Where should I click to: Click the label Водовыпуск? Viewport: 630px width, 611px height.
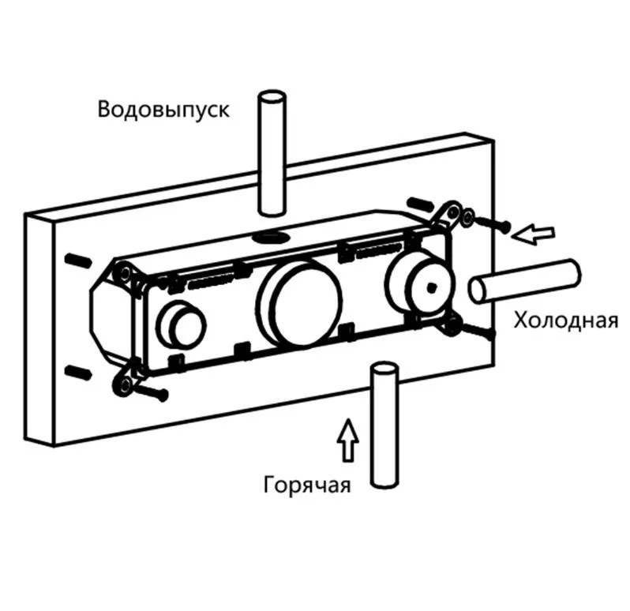(x=163, y=110)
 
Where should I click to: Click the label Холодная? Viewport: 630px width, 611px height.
(x=566, y=321)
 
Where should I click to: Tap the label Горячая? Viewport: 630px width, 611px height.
(x=307, y=485)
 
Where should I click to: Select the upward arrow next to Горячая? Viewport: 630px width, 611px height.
(x=348, y=440)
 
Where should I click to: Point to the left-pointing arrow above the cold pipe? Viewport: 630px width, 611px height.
(x=533, y=234)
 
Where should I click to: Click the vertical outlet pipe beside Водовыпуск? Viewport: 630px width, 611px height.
(x=272, y=153)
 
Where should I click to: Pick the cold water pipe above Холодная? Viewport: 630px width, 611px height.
(x=525, y=281)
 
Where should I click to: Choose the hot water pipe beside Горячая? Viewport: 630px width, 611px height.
(x=385, y=425)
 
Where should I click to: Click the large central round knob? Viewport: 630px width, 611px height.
(x=299, y=302)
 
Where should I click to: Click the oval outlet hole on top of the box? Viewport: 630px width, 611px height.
(x=272, y=237)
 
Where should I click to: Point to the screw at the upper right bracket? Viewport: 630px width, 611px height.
(x=491, y=223)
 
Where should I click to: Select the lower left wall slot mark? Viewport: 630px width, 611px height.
(x=78, y=372)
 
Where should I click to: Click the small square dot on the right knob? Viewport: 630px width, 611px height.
(x=432, y=287)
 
